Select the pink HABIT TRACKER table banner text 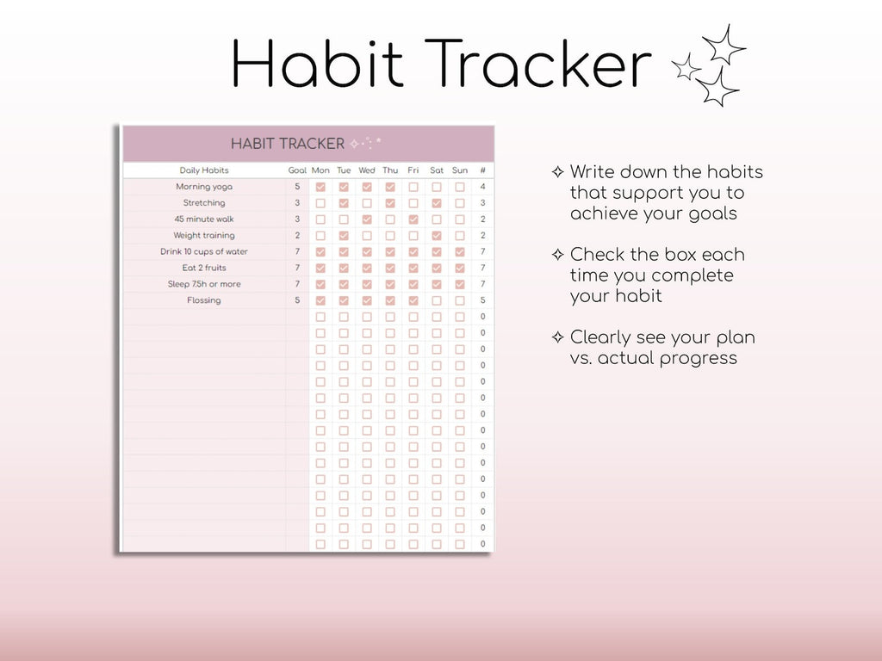pos(288,144)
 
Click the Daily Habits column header pos(204,170)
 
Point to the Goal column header pos(297,170)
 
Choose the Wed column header pos(367,170)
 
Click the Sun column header pos(460,170)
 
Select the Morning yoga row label pos(204,187)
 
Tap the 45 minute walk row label pos(204,219)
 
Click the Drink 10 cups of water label pos(204,252)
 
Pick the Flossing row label pos(204,300)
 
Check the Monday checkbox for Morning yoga pos(320,187)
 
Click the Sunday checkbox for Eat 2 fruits pos(460,268)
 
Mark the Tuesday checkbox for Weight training pos(344,235)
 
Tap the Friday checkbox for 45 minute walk pos(413,219)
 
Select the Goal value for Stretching pos(297,203)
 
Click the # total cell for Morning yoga pos(482,187)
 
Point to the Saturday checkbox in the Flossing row pos(437,300)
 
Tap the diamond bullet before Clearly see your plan pos(557,337)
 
